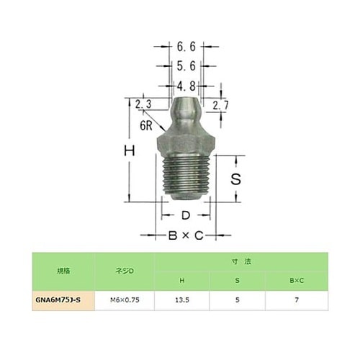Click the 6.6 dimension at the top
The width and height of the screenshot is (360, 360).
pyautogui.click(x=184, y=47)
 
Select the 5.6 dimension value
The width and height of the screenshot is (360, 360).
pyautogui.click(x=184, y=66)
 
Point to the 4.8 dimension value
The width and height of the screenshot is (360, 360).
pyautogui.click(x=184, y=85)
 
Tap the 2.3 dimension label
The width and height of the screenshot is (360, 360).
pyautogui.click(x=143, y=104)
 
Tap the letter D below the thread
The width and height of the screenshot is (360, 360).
pyautogui.click(x=184, y=215)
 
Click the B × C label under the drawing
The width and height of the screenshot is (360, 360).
pyautogui.click(x=186, y=235)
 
